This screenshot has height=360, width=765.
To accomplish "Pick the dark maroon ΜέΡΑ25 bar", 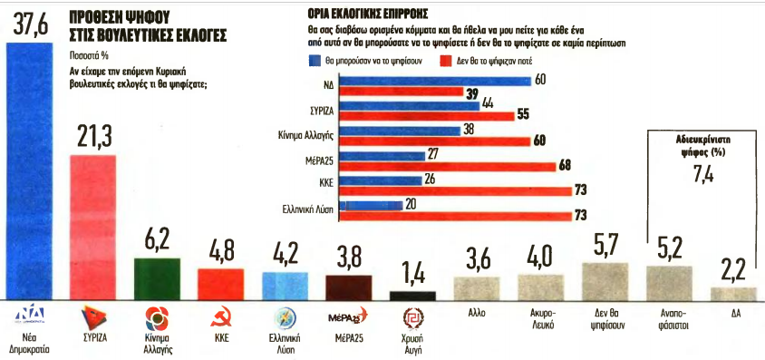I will pyautogui.click(x=353, y=287).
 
